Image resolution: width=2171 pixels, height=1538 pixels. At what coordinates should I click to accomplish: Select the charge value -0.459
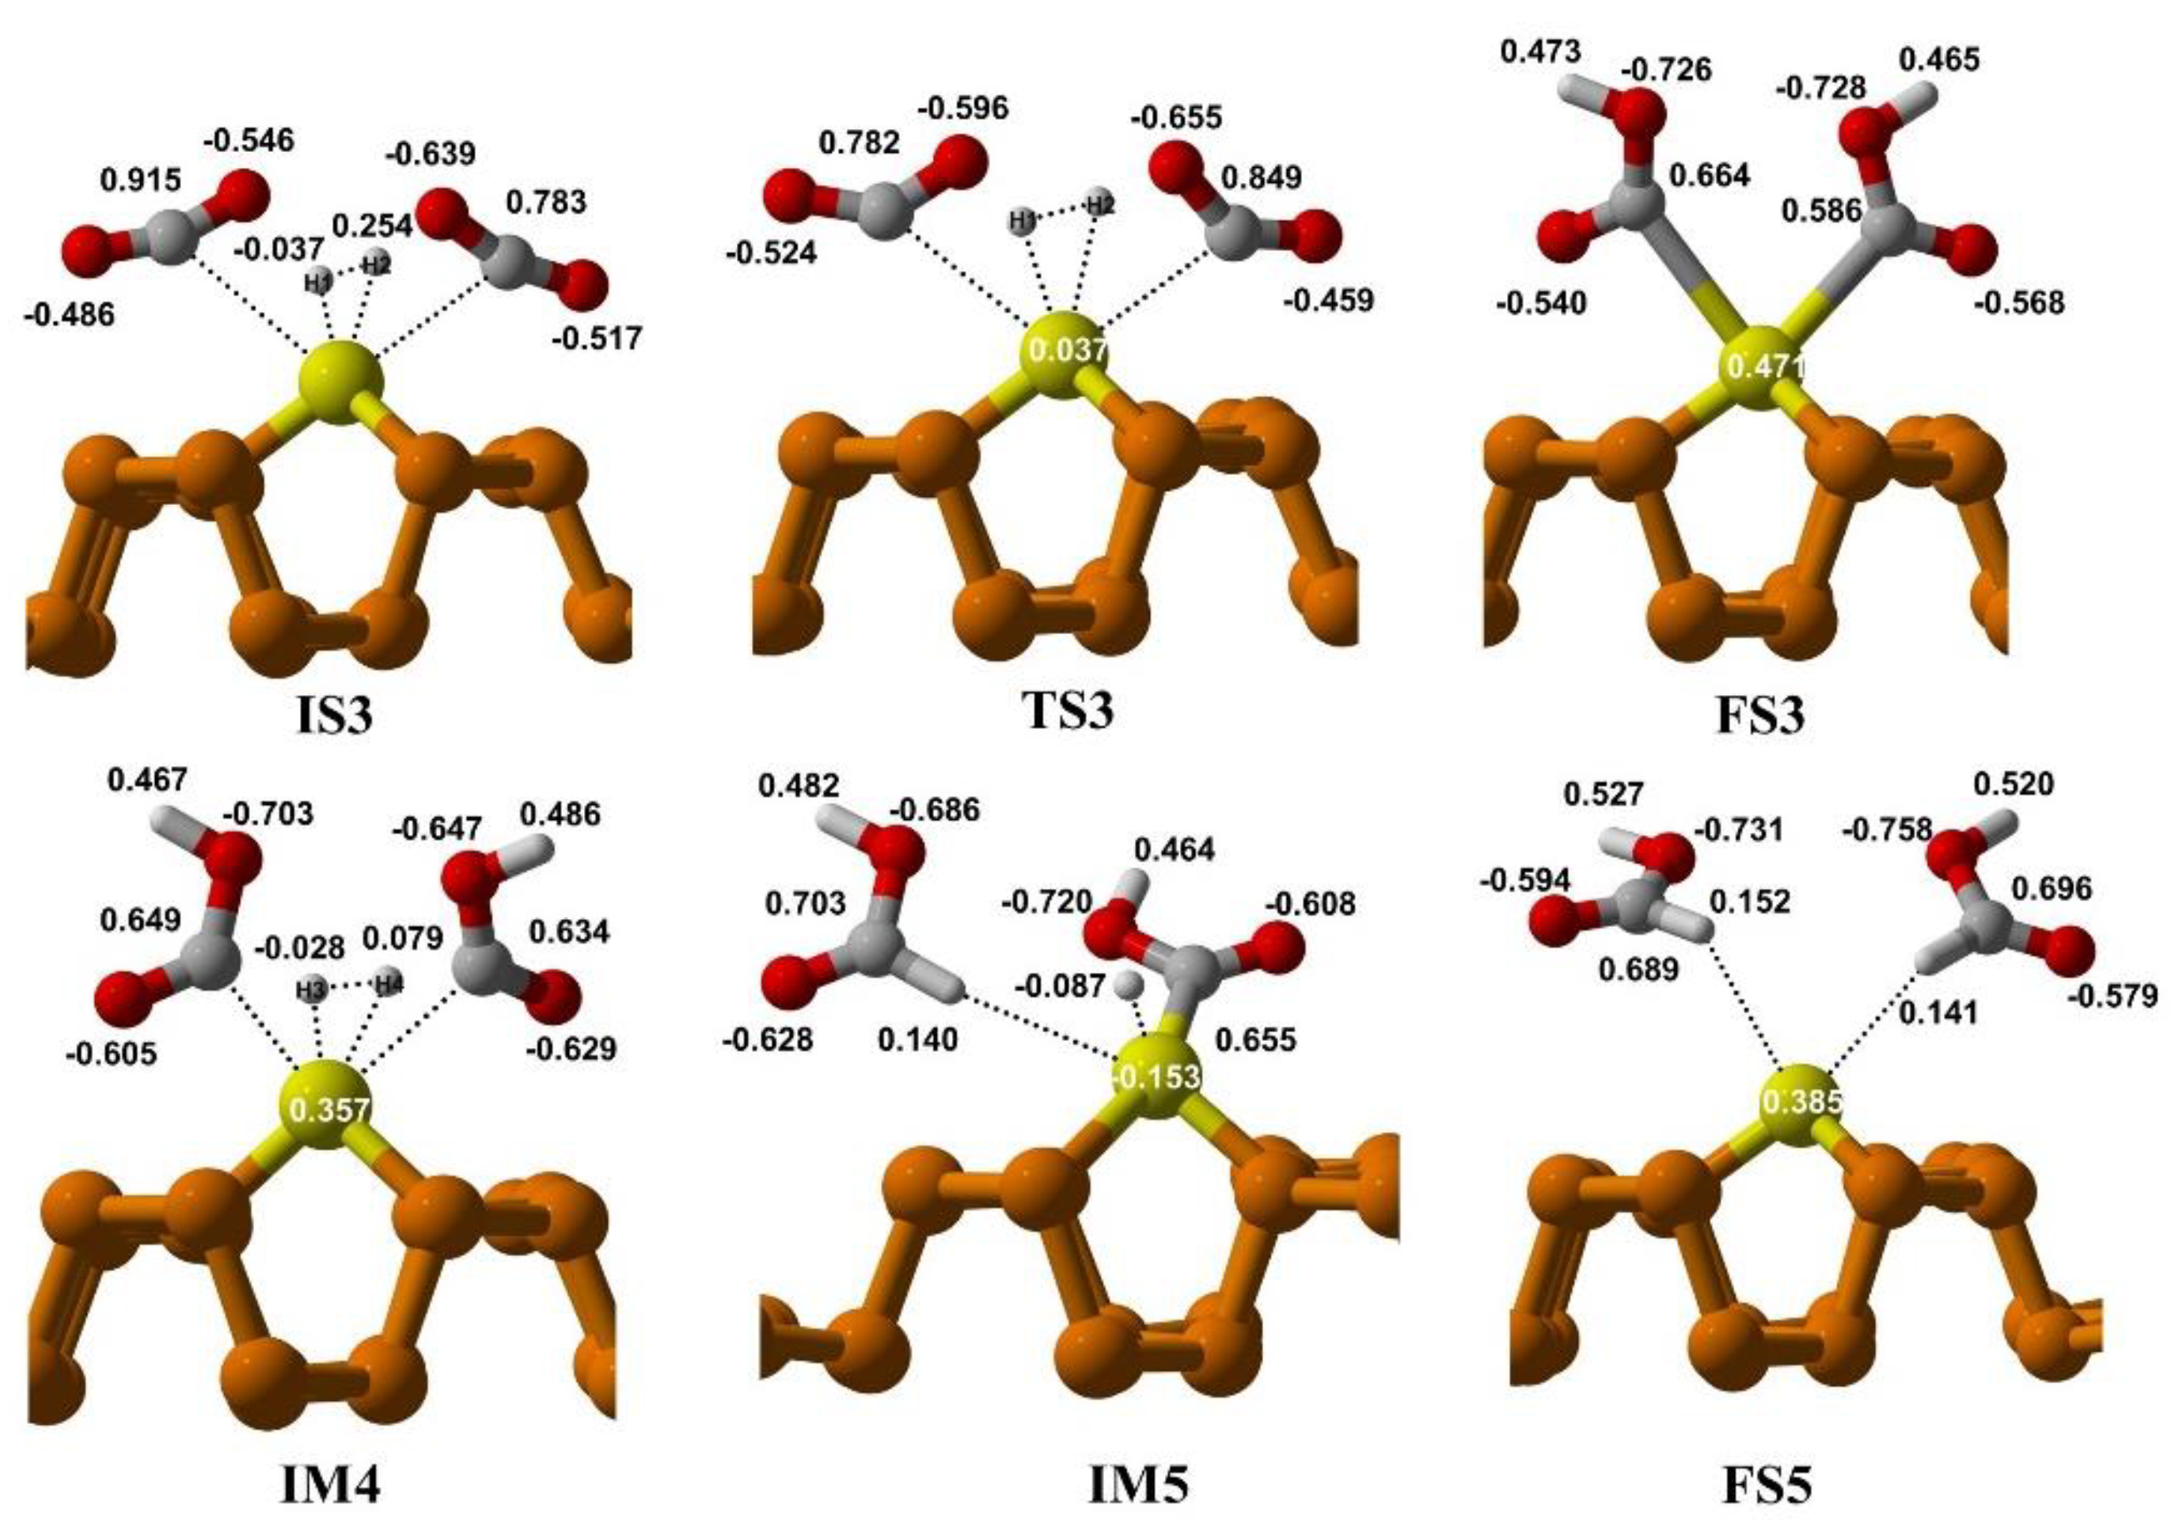[x=1328, y=301]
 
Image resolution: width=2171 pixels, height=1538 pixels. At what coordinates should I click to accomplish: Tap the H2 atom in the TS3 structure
[x=1099, y=203]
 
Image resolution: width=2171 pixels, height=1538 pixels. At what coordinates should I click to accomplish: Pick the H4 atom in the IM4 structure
[x=389, y=985]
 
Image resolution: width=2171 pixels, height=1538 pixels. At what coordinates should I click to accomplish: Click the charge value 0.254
[x=372, y=226]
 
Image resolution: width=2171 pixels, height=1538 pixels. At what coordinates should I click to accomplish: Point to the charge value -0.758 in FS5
[x=1886, y=830]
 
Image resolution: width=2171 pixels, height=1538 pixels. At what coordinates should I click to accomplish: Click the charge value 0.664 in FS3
[x=1710, y=175]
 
